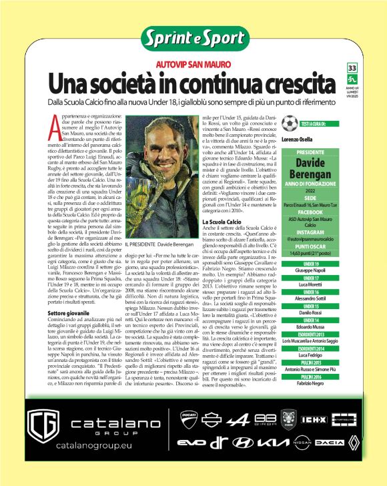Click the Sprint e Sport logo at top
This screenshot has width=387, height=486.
[193, 38]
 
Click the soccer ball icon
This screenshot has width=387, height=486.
[289, 124]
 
